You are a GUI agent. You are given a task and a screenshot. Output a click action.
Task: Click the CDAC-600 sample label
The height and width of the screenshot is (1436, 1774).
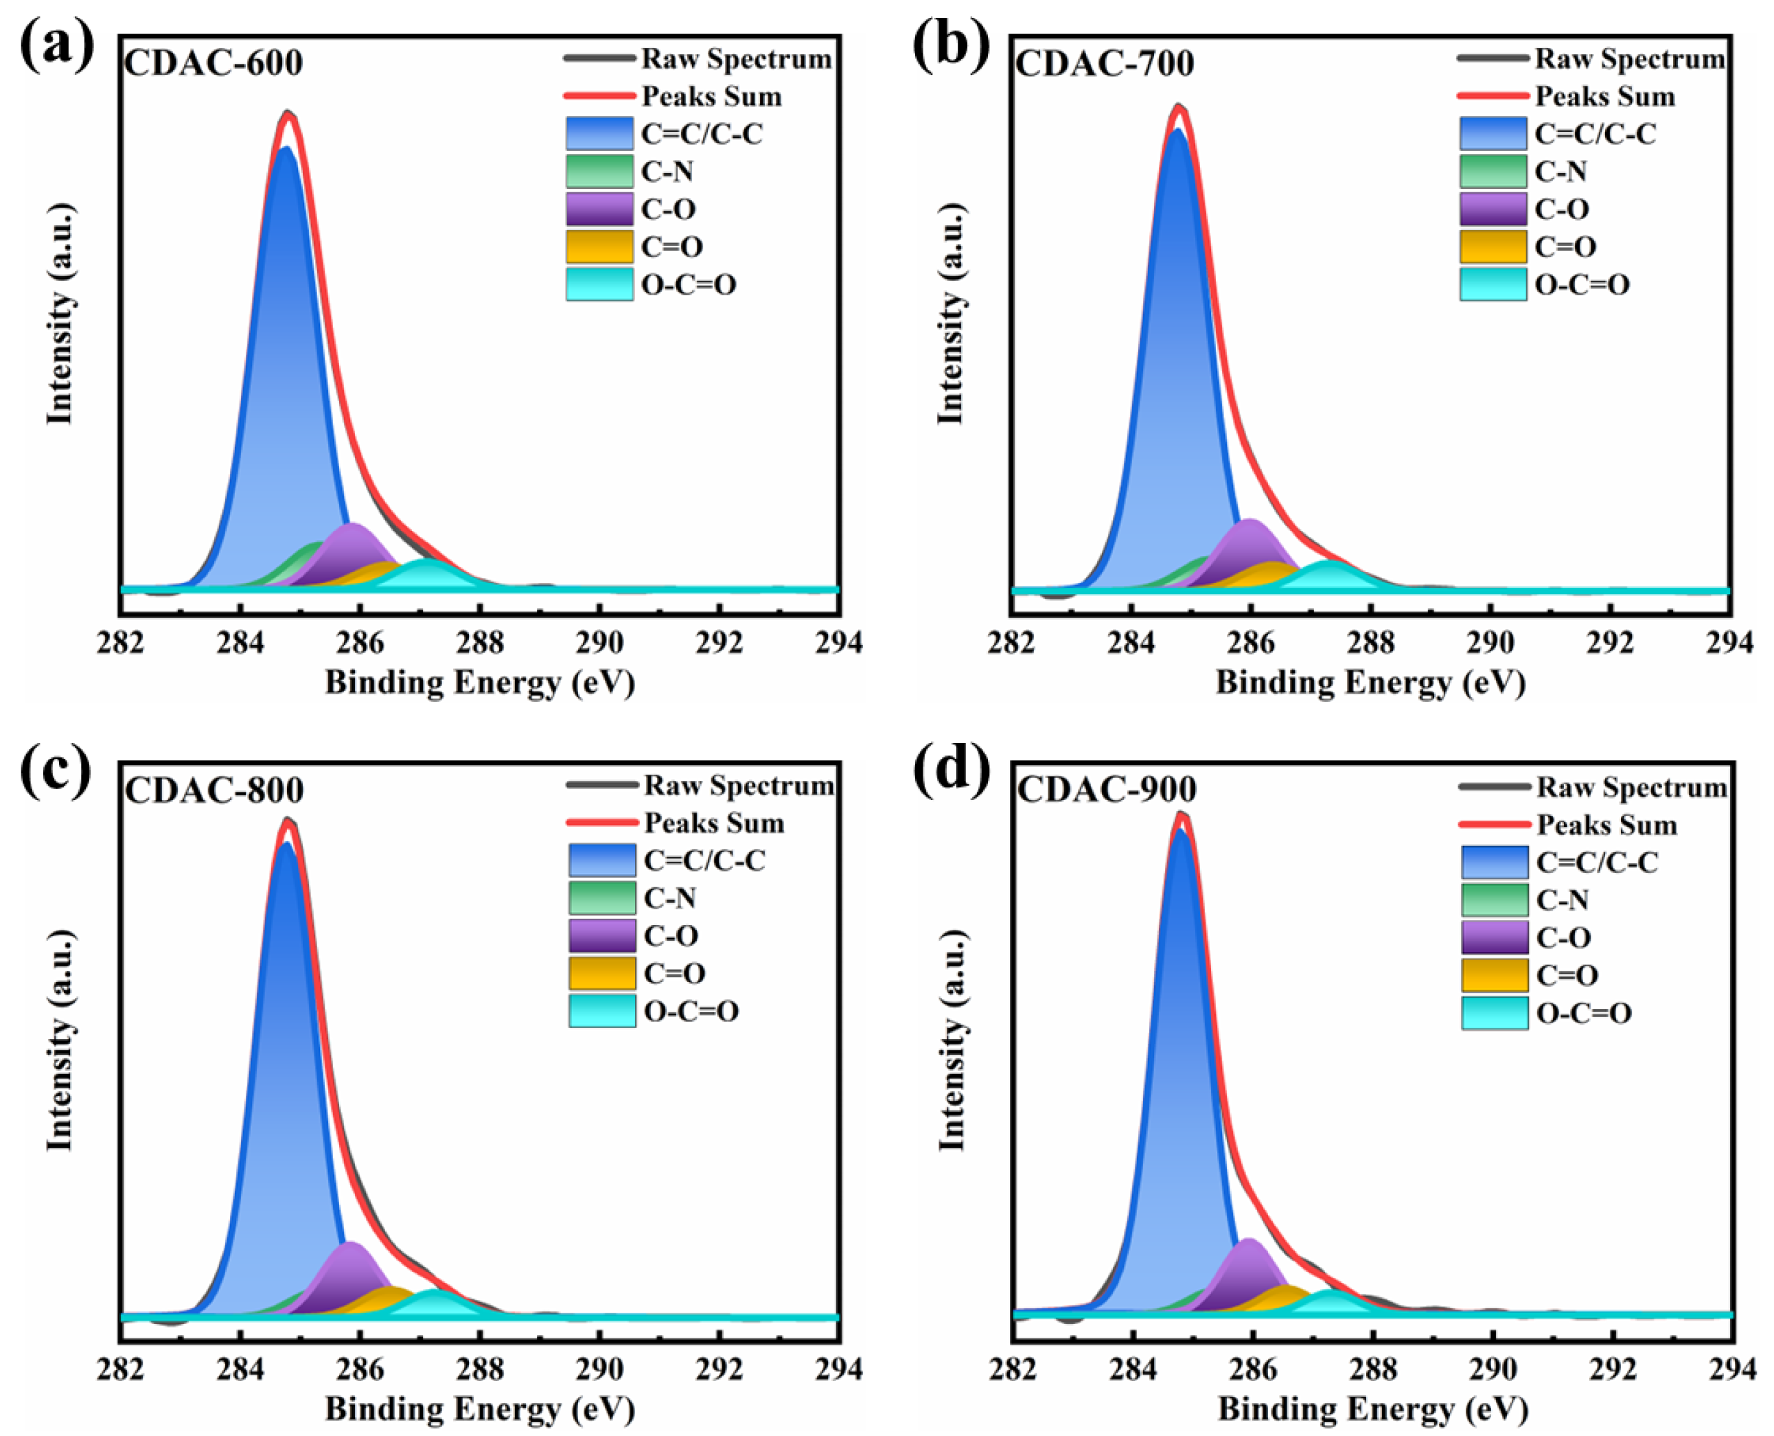coord(214,63)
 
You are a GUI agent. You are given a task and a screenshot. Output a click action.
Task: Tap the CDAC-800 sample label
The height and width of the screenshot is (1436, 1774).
coord(214,790)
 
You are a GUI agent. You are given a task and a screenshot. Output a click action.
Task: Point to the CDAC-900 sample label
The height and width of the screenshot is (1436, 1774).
coord(1107,790)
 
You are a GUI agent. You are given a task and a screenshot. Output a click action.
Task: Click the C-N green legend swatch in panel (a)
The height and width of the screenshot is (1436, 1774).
coord(599,171)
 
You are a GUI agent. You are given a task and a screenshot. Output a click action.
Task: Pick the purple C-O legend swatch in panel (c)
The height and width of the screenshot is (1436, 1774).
coord(602,935)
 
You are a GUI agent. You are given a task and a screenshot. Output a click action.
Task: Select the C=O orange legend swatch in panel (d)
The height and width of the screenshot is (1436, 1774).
coord(1494,975)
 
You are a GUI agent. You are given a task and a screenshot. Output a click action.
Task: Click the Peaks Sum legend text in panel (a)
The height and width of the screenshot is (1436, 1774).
coord(711,97)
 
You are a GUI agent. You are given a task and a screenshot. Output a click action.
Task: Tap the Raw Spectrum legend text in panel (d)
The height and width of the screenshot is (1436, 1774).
coord(1631,788)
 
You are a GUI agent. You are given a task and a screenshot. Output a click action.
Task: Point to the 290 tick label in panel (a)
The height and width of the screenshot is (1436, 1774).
coord(599,643)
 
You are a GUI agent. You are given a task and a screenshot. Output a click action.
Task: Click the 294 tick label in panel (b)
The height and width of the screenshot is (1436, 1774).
coord(1729,643)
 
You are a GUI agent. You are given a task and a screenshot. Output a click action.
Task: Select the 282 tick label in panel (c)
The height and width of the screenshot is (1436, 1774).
coord(122,1369)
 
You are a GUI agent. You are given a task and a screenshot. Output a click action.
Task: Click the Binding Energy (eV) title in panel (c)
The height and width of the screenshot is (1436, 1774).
coord(480,1409)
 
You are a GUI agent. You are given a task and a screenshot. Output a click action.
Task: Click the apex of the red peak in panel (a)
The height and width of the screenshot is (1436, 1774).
coord(288,114)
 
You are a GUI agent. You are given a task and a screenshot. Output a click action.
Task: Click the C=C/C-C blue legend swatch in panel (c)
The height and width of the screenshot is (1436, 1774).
coord(602,861)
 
